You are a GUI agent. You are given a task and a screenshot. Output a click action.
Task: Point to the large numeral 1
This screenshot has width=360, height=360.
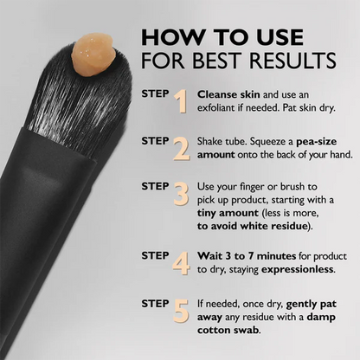coord(181,102)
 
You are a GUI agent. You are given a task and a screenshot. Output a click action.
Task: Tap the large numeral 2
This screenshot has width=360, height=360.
coord(181,150)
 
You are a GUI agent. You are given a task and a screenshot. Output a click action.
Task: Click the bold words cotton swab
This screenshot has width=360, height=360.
coord(233,331)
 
